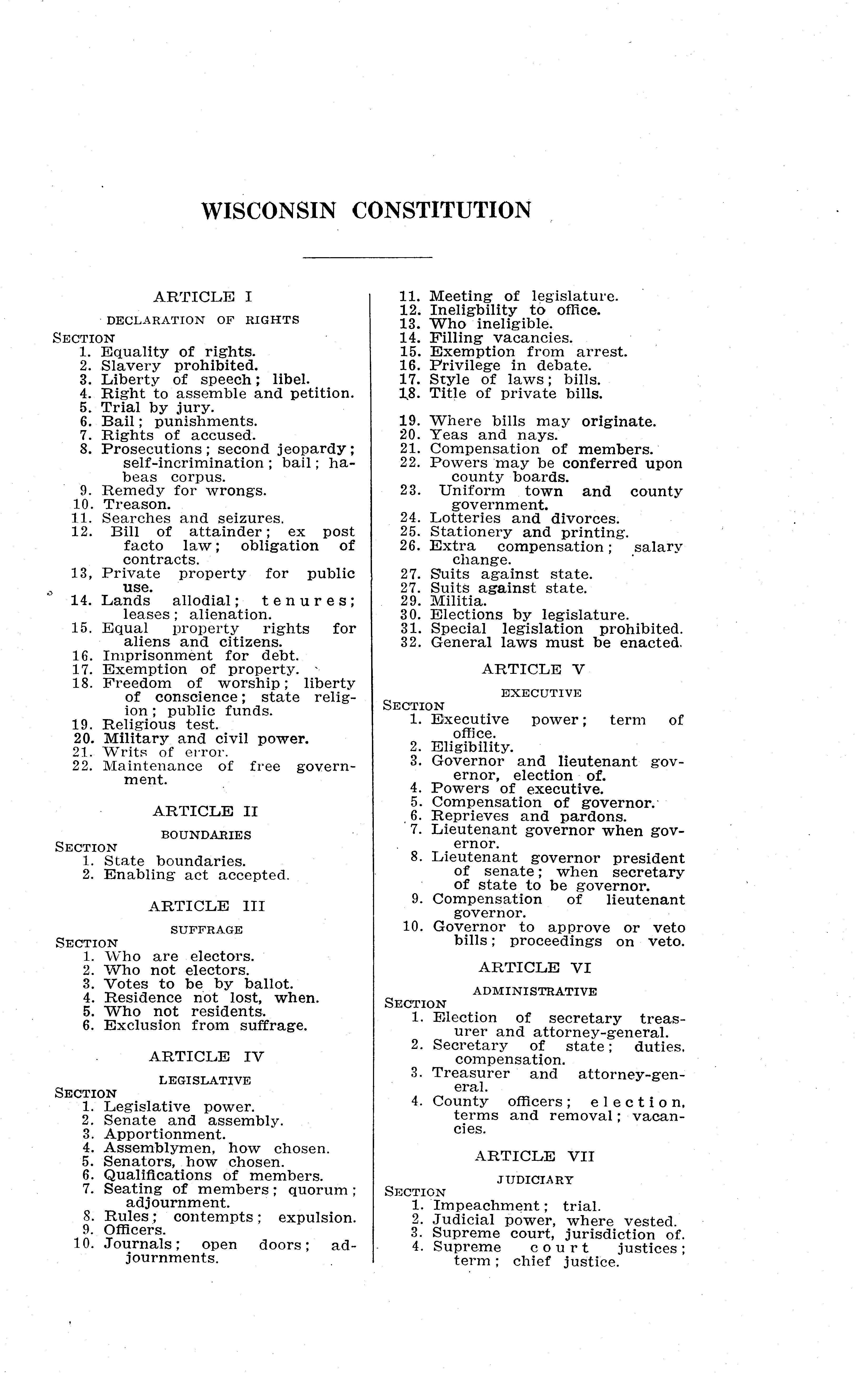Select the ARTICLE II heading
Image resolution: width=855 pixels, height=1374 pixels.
pos(205,812)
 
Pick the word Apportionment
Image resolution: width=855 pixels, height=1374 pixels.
pos(165,1134)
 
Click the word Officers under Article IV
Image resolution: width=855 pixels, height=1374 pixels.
pos(135,1230)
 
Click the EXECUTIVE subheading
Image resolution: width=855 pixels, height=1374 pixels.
pos(541,693)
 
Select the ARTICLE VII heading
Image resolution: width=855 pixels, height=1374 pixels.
pos(534,1156)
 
